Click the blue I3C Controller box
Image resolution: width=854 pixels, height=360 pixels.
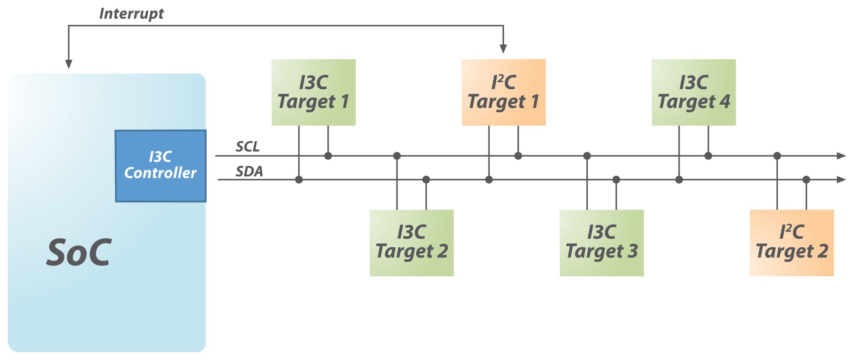point(161,166)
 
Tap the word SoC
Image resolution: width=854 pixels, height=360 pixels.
point(79,253)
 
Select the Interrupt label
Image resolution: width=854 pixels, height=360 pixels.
point(131,14)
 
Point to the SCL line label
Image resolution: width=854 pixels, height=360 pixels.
point(248,146)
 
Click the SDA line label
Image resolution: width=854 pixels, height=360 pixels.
point(249,171)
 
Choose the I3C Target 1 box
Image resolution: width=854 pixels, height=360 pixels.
point(313,92)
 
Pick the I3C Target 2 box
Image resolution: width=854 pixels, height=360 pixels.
point(411,243)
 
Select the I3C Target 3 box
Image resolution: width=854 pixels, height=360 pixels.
point(601,243)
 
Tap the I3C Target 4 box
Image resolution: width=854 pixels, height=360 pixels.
point(693,92)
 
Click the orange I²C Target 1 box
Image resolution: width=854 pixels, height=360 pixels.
point(503,92)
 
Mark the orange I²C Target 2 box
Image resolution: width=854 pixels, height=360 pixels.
point(792,243)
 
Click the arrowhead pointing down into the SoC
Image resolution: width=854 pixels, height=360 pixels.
point(69,64)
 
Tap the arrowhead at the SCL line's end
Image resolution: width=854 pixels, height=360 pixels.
point(841,156)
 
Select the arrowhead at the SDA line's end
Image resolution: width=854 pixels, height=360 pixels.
point(841,180)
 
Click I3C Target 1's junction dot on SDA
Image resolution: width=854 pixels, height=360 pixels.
point(299,180)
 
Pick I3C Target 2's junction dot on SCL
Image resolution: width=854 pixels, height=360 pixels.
point(397,156)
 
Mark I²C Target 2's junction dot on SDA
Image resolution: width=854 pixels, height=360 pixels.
point(806,180)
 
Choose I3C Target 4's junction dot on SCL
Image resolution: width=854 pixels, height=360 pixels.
point(708,156)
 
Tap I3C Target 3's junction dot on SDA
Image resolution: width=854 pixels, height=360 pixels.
point(616,180)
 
